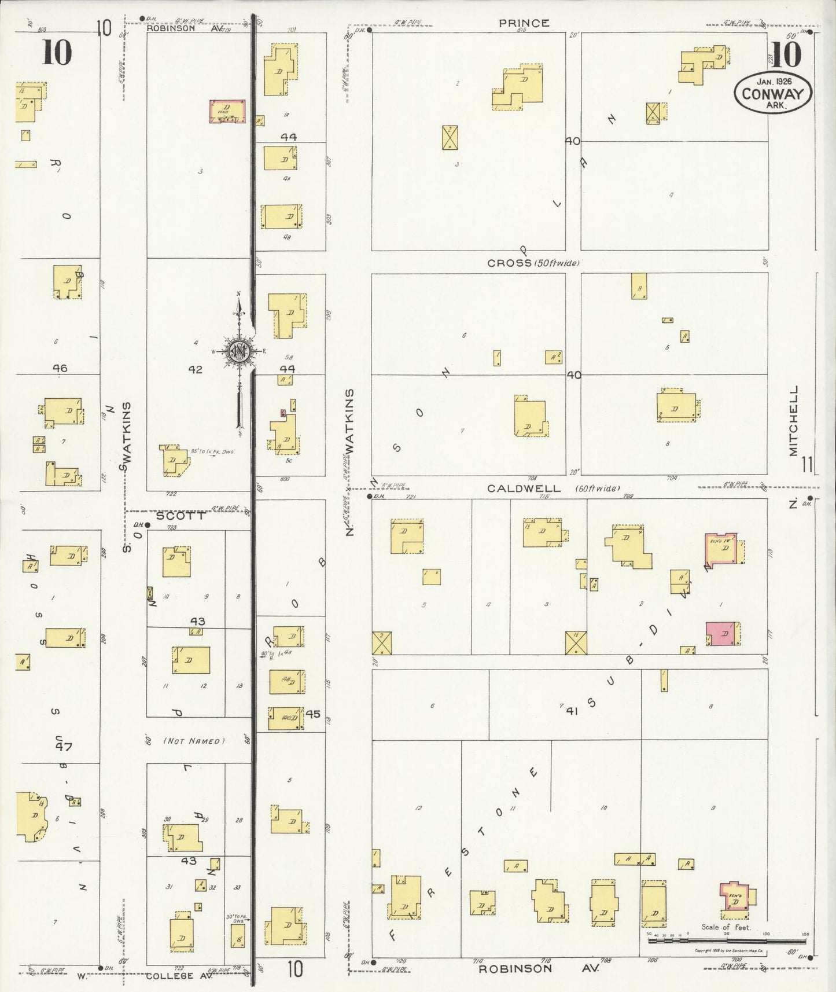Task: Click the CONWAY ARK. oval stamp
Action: pos(773,93)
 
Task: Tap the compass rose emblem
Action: pos(239,351)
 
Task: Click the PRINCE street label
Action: pos(524,23)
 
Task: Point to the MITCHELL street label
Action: pos(793,421)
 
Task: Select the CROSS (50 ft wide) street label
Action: pos(533,263)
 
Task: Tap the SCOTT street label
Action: pos(181,516)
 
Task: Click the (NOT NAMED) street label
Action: pos(194,741)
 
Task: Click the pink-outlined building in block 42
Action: pos(227,111)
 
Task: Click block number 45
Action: pos(313,714)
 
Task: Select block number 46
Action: pos(60,368)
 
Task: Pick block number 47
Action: pos(64,747)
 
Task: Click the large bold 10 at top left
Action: pos(57,53)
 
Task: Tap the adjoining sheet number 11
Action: pos(808,464)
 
